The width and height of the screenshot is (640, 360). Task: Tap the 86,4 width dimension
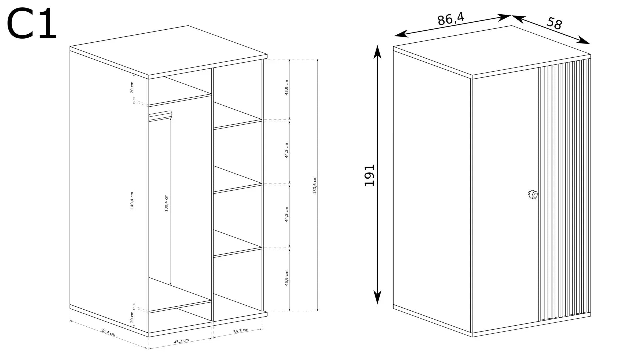pyautogui.click(x=451, y=19)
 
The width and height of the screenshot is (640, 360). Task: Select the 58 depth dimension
pyautogui.click(x=554, y=23)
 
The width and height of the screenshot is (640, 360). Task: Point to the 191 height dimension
pyautogui.click(x=369, y=175)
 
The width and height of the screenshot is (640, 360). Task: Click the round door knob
pyautogui.click(x=532, y=194)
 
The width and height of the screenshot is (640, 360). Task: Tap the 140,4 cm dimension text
pyautogui.click(x=132, y=201)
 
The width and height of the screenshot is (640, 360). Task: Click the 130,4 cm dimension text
pyautogui.click(x=166, y=203)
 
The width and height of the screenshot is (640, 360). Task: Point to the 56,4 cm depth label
pyautogui.click(x=108, y=332)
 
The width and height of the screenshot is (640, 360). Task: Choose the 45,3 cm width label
pyautogui.click(x=181, y=341)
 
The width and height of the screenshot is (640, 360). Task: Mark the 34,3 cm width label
pyautogui.click(x=241, y=330)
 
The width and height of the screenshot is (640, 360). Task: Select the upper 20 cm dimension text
pyautogui.click(x=132, y=87)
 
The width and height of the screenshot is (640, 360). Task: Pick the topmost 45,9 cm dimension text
pyautogui.click(x=287, y=88)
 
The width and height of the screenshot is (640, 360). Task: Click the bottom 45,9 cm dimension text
pyautogui.click(x=287, y=278)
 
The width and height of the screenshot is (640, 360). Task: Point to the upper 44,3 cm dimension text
pyautogui.click(x=287, y=150)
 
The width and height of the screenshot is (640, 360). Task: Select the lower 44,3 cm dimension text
pyautogui.click(x=287, y=214)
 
